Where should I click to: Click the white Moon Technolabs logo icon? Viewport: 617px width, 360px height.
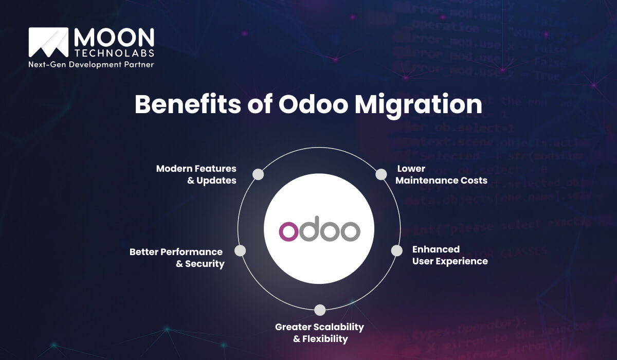click(48, 42)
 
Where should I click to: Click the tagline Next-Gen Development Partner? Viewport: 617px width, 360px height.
click(91, 65)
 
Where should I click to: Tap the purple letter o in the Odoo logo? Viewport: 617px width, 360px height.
click(288, 231)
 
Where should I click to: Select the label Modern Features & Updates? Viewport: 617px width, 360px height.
click(196, 174)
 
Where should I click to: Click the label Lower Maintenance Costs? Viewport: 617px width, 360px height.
click(441, 174)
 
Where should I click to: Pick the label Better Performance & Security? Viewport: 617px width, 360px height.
click(176, 258)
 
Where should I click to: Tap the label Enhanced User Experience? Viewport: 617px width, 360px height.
click(450, 255)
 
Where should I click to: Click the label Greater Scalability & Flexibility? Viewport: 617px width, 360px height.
click(319, 333)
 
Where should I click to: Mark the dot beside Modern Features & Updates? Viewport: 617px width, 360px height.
click(259, 174)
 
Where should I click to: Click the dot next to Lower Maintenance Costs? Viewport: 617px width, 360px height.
click(381, 174)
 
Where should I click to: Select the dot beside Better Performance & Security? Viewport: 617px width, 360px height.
click(240, 250)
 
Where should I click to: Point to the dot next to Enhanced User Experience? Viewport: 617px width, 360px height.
click(396, 250)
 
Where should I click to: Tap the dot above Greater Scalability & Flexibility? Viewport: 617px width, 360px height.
click(320, 310)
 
